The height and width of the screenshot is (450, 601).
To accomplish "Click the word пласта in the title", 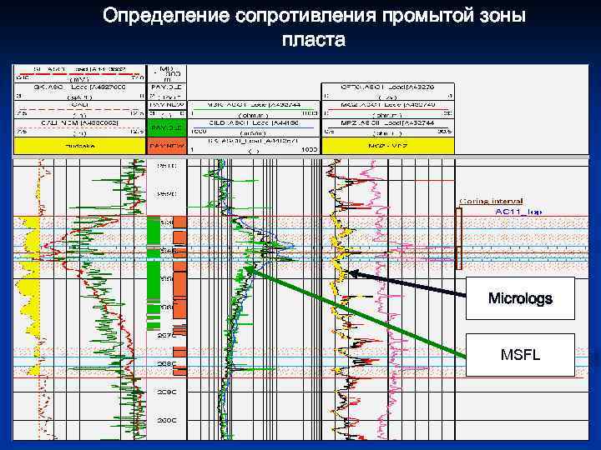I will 313,39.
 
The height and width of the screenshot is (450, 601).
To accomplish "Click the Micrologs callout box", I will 520,298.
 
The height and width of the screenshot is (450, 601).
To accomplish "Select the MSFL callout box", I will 520,355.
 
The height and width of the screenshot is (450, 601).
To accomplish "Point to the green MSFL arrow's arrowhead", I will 248,269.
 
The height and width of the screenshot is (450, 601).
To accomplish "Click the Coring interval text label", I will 490,201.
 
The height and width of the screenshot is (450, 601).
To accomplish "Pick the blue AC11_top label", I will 518,212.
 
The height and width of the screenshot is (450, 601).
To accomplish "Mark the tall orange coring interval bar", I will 457,237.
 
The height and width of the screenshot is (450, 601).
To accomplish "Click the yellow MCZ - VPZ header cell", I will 387,145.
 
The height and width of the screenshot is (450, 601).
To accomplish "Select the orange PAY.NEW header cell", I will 166,145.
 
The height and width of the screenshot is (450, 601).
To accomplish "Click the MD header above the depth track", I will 166,67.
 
